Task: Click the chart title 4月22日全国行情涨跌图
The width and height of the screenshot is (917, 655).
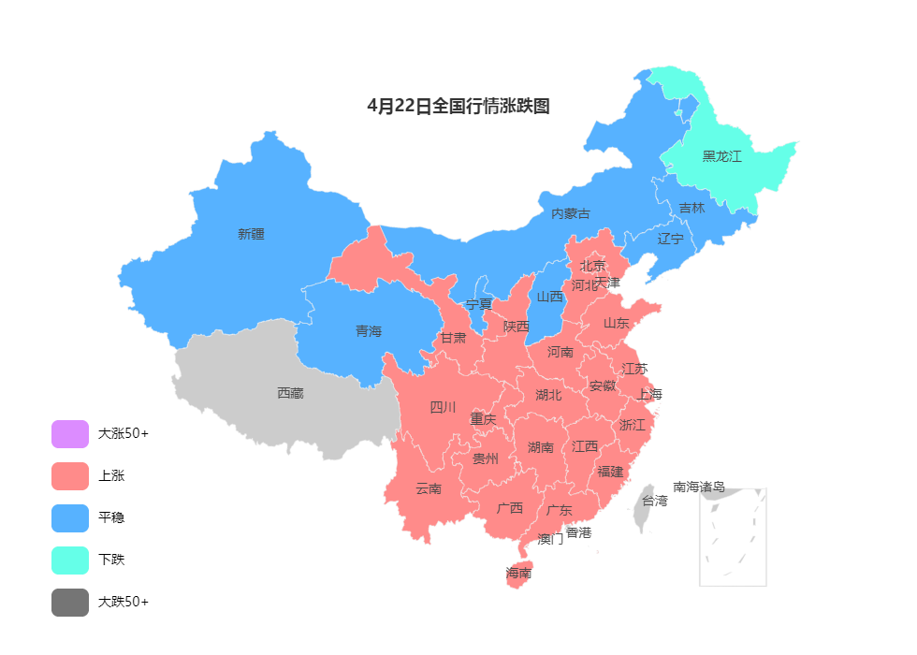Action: click(x=458, y=107)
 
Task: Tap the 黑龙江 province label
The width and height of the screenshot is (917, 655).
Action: click(x=721, y=156)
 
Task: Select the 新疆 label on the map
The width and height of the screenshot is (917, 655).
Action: click(x=251, y=234)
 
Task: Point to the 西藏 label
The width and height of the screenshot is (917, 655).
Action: click(x=290, y=393)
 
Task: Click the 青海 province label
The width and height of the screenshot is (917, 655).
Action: click(x=369, y=331)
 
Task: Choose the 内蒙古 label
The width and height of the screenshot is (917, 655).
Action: click(x=571, y=213)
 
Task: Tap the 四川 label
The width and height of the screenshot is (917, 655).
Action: click(x=443, y=407)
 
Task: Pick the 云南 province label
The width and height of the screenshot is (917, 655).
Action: click(x=429, y=488)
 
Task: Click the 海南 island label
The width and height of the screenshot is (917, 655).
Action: click(x=519, y=573)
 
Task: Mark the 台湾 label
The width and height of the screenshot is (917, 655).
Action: click(x=655, y=501)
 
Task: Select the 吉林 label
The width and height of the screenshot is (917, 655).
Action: click(x=691, y=208)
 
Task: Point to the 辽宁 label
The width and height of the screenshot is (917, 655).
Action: click(x=670, y=239)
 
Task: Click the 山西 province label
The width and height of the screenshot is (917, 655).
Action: click(x=550, y=297)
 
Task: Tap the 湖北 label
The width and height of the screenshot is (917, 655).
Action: click(x=548, y=395)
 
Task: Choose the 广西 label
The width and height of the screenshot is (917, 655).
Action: click(x=510, y=509)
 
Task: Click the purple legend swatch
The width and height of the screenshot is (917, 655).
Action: click(x=70, y=434)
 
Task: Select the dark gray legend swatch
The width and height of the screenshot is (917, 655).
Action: click(x=70, y=603)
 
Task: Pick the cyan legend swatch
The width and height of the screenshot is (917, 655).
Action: click(x=70, y=560)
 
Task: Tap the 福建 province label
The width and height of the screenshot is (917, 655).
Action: click(x=610, y=472)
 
